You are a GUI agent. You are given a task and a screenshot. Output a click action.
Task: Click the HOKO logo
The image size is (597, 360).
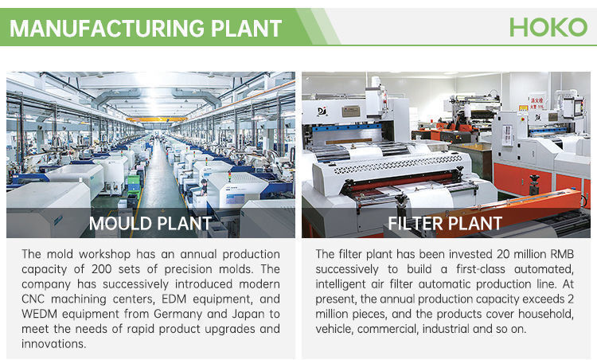click(548, 27)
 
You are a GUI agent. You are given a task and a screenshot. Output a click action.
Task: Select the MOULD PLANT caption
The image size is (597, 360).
click(150, 224)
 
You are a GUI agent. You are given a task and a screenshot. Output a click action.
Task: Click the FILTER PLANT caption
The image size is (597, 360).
click(445, 224)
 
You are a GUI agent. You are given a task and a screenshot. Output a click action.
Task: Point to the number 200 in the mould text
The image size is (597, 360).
click(102, 269)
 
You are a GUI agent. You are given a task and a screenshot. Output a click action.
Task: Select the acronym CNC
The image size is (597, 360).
click(33, 299)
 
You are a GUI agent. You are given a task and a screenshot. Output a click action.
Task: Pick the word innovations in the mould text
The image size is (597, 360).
click(53, 343)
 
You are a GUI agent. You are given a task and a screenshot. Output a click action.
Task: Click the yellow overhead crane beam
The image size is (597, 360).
click(157, 119)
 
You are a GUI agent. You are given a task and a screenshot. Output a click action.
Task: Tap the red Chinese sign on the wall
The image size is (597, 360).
click(537, 103)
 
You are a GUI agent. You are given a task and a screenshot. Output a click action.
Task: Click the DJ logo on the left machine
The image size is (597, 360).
click(322, 112)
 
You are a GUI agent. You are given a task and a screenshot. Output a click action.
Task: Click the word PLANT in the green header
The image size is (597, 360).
click(246, 28)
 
